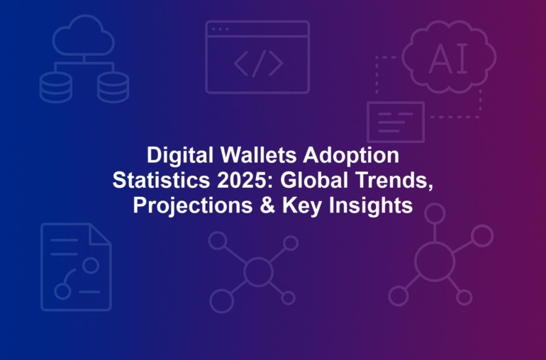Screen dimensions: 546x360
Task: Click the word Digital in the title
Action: pyautogui.click(x=179, y=156)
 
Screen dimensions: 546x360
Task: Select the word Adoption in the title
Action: pyautogui.click(x=351, y=156)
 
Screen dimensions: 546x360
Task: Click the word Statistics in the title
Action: pyautogui.click(x=161, y=180)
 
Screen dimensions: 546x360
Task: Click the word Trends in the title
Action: pyautogui.click(x=394, y=180)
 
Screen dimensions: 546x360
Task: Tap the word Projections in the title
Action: pyautogui.click(x=193, y=206)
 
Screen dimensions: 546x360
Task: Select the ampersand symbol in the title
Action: pyautogui.click(x=267, y=206)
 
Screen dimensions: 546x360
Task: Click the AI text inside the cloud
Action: pyautogui.click(x=448, y=60)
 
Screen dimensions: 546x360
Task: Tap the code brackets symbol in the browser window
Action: pyautogui.click(x=258, y=63)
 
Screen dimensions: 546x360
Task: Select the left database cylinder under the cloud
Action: pyautogui.click(x=56, y=88)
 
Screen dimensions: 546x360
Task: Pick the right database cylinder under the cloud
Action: pyautogui.click(x=113, y=88)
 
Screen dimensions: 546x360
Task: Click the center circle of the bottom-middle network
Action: pyautogui.click(x=258, y=271)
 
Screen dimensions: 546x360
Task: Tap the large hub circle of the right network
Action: pyautogui.click(x=435, y=261)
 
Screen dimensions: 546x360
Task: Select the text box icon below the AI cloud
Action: pyautogui.click(x=396, y=122)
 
